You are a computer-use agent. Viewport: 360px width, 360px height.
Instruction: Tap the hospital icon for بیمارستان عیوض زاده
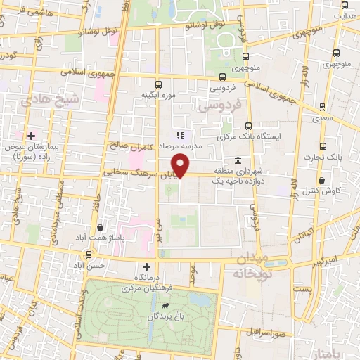[30, 135]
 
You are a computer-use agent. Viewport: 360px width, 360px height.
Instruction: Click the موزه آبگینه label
[157, 94]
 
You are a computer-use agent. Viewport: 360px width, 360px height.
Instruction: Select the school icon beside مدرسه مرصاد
[180, 134]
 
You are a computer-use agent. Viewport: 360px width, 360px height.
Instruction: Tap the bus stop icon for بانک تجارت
[323, 146]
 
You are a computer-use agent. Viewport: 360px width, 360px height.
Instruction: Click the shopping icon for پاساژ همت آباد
[101, 226]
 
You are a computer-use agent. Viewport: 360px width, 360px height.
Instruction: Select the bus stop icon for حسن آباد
[89, 255]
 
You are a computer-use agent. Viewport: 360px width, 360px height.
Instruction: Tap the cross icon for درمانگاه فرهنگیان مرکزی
[146, 266]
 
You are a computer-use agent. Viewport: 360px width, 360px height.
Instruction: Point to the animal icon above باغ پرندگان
[165, 306]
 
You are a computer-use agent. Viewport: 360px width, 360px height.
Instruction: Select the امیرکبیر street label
[326, 260]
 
